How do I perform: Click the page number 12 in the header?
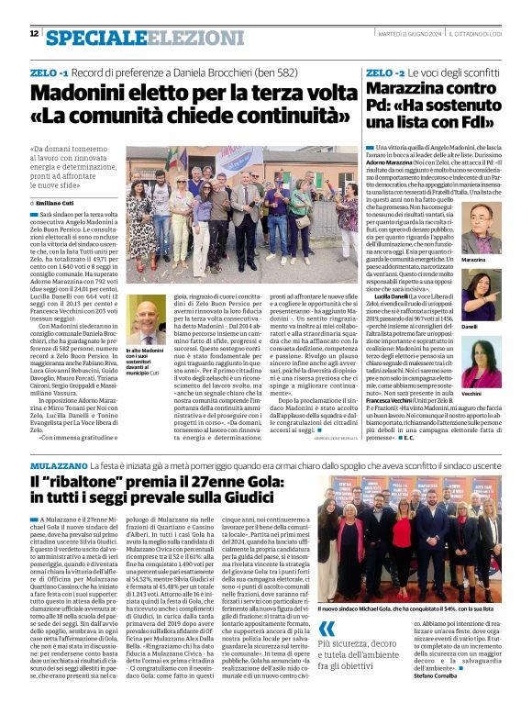[34, 35]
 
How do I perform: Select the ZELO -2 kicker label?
[381, 72]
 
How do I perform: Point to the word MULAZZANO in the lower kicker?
[61, 467]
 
